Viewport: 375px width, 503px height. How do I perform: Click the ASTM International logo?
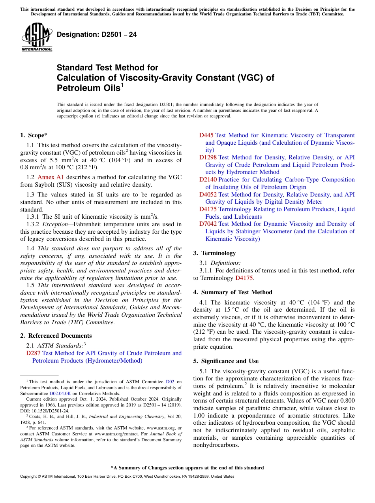(37, 37)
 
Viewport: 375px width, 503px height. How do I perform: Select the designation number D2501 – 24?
(97, 34)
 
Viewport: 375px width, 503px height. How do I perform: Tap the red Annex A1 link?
(51, 177)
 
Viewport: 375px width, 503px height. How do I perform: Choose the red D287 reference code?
(33, 353)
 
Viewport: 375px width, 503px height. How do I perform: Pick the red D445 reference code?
(206, 135)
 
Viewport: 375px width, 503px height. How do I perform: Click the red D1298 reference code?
(208, 157)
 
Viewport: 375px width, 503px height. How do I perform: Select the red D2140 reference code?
(208, 180)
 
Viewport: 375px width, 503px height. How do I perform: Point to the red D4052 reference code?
(208, 194)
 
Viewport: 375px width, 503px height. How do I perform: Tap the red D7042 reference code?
(208, 224)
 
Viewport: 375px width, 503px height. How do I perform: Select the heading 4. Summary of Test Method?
(232, 292)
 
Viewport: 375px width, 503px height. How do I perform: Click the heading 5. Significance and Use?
(226, 361)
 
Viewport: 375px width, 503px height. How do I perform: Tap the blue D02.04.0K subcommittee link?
(60, 393)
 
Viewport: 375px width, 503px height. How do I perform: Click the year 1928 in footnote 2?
(26, 422)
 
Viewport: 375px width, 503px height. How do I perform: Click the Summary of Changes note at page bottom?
(187, 468)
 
